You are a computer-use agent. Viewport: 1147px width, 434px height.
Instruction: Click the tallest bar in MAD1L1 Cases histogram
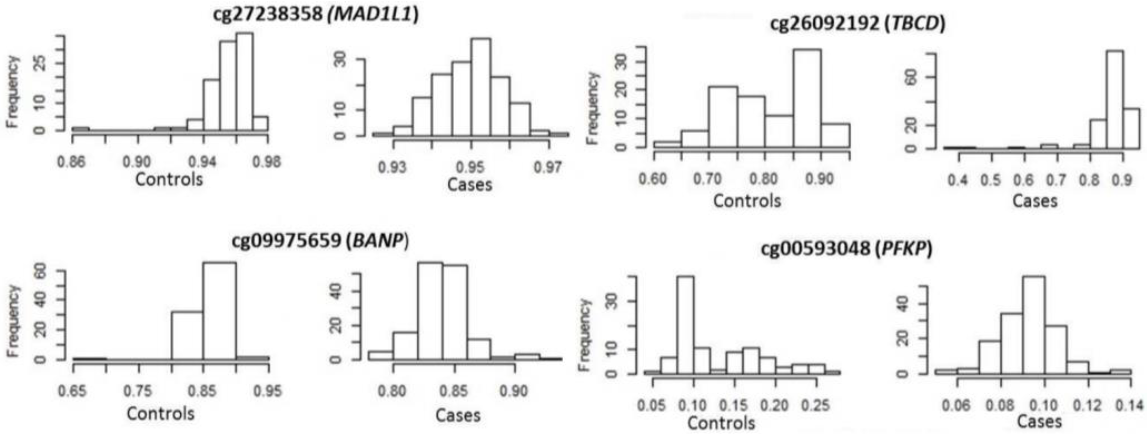pos(481,87)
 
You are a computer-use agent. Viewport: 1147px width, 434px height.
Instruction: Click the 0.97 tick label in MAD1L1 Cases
pos(549,168)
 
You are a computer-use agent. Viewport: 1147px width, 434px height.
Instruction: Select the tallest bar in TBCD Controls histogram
pos(807,98)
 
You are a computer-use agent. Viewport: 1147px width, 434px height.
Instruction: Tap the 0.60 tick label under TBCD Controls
pos(653,179)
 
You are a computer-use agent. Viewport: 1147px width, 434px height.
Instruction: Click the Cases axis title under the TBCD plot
pos(1034,201)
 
